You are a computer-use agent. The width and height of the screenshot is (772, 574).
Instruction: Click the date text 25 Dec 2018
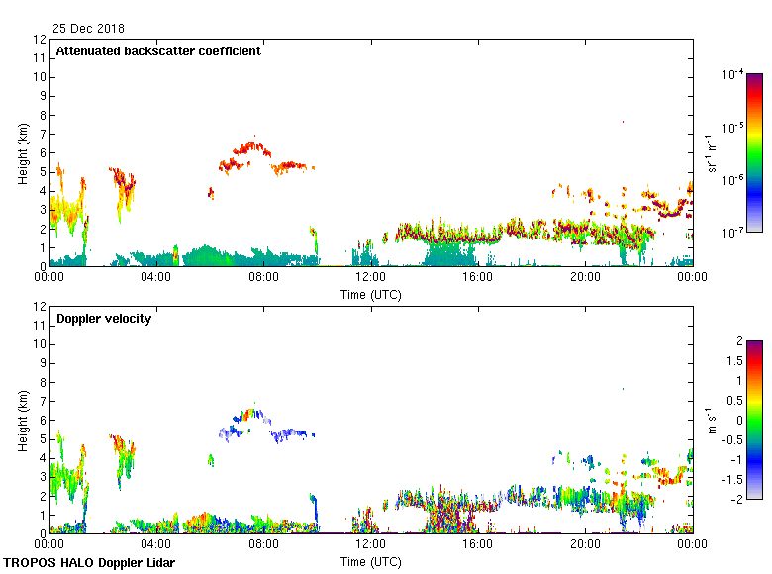(89, 28)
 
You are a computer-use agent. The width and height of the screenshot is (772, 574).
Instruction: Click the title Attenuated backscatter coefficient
(158, 51)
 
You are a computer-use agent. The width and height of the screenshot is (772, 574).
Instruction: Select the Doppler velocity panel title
(104, 319)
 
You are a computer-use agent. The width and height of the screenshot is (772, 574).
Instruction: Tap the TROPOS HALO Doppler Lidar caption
(89, 563)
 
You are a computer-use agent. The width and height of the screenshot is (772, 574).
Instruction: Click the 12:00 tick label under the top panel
(370, 277)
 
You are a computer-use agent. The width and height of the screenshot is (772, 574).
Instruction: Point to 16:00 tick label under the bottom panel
(478, 544)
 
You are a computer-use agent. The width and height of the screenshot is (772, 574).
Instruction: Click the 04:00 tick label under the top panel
(156, 277)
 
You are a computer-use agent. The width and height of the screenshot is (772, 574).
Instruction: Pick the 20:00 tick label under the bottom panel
(585, 544)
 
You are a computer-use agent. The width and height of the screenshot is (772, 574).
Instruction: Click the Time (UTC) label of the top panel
(371, 294)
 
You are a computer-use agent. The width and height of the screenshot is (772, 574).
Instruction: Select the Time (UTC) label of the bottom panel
(371, 561)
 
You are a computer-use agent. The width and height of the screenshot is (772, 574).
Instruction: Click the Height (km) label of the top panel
(22, 152)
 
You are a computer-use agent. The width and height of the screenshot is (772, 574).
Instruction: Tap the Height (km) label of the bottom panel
(22, 420)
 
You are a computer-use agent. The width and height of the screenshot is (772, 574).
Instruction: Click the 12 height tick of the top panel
(41, 40)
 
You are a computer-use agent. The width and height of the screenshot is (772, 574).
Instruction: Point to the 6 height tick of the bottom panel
(41, 420)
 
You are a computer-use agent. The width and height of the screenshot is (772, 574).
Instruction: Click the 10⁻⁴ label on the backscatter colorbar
(732, 74)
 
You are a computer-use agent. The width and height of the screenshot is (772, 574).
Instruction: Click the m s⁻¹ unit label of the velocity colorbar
(710, 420)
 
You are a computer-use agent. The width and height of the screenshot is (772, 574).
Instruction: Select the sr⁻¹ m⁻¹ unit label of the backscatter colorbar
(710, 152)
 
